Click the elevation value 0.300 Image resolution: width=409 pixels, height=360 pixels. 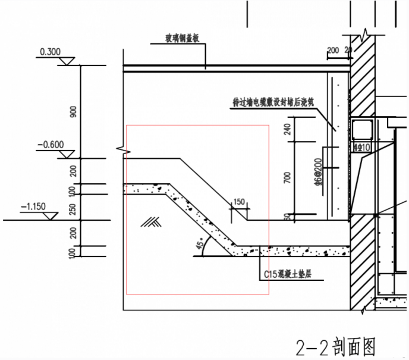[x=50, y=52]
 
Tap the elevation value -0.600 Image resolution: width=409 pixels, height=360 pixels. [x=49, y=144]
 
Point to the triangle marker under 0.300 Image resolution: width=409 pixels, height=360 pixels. [x=67, y=61]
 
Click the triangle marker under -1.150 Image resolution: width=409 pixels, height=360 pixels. [x=52, y=215]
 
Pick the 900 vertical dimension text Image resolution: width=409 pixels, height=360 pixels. [x=73, y=112]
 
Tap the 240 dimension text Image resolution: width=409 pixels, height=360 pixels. [x=288, y=129]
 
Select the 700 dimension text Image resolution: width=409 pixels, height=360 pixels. [x=288, y=177]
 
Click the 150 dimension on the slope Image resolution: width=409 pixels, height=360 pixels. [x=239, y=202]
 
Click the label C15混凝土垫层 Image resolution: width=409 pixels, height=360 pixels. [x=288, y=274]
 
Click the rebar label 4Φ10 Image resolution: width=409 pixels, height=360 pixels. [x=360, y=146]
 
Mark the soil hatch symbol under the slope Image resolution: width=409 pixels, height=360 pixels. [x=151, y=222]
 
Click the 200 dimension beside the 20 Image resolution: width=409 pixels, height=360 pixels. [x=332, y=49]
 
